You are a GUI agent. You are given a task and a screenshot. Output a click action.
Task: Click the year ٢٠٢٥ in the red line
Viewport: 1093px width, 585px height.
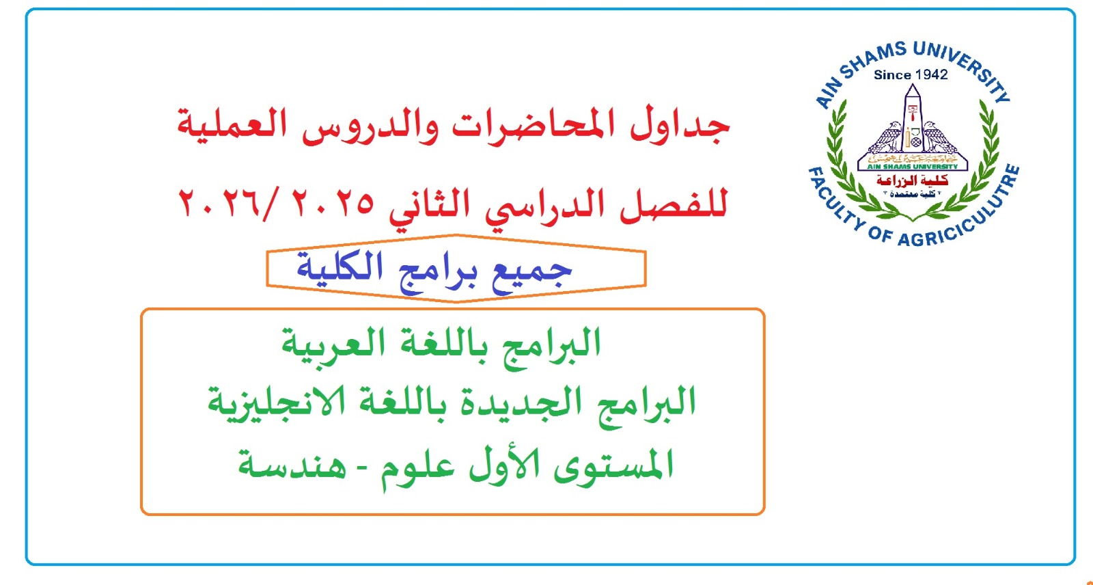click(x=333, y=203)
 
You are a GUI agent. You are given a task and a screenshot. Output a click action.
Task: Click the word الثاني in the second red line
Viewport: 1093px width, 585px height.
click(x=430, y=204)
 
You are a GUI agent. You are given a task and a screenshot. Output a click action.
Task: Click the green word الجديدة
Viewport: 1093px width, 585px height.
click(x=512, y=403)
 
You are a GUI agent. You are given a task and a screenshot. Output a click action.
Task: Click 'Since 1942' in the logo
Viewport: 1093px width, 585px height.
click(x=911, y=74)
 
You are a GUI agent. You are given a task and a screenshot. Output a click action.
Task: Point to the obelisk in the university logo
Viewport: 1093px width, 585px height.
click(x=912, y=117)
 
